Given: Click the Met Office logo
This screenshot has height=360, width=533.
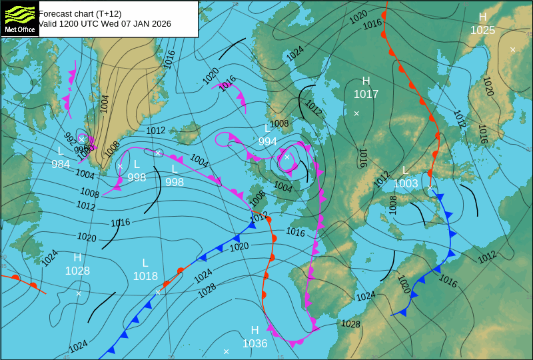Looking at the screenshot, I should pyautogui.click(x=20, y=19).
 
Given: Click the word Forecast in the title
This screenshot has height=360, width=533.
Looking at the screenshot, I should pyautogui.click(x=56, y=13).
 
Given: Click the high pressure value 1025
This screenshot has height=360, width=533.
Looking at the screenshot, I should pyautogui.click(x=482, y=30).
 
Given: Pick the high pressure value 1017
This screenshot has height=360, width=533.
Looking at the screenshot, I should pyautogui.click(x=366, y=95).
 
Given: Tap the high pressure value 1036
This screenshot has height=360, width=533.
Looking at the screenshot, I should pyautogui.click(x=255, y=343).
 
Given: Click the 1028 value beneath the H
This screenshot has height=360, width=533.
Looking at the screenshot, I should pyautogui.click(x=77, y=271).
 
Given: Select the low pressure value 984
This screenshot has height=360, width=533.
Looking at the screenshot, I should pyautogui.click(x=61, y=164).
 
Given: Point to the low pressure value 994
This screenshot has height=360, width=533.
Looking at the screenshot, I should pyautogui.click(x=267, y=141).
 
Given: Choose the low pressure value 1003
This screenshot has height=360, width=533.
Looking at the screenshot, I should pyautogui.click(x=405, y=183).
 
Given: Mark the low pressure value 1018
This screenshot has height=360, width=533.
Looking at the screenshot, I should pyautogui.click(x=145, y=276).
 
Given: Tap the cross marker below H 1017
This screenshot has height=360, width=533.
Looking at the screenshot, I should pyautogui.click(x=356, y=113).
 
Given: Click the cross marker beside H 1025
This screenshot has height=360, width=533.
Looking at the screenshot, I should pyautogui.click(x=512, y=49).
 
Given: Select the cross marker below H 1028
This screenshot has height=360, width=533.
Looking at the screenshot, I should pyautogui.click(x=79, y=293).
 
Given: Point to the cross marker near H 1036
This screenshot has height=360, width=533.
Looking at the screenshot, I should pyautogui.click(x=226, y=351).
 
